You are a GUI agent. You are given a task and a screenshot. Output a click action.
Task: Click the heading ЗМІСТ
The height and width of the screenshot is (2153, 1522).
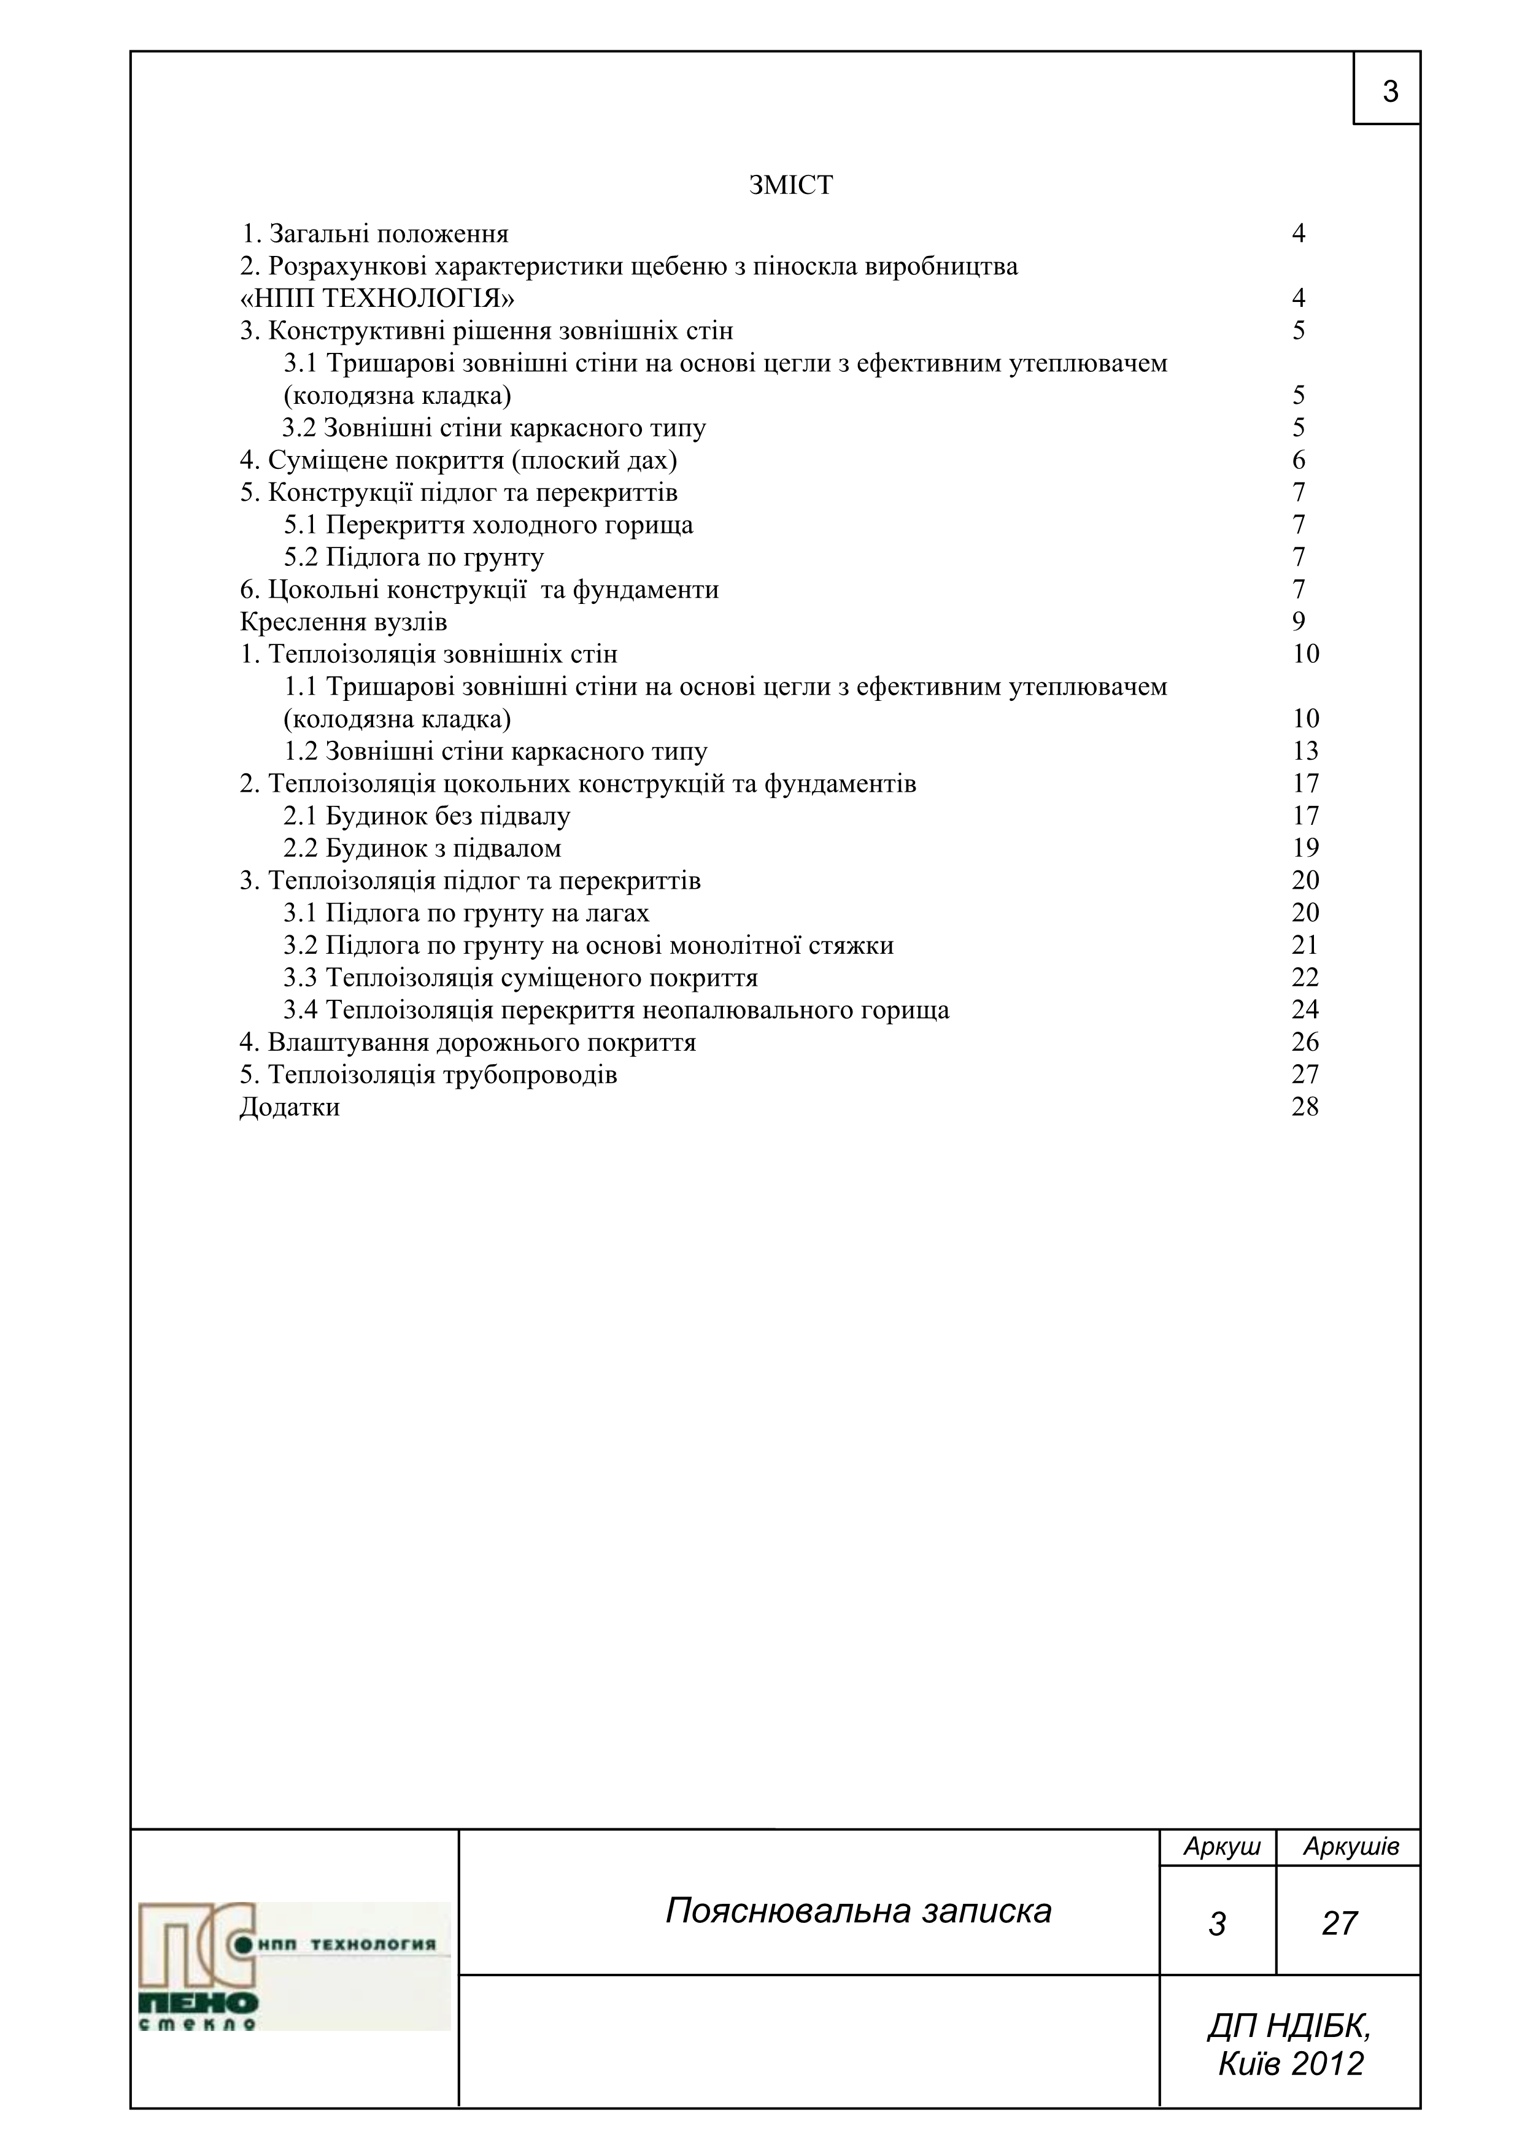click(790, 186)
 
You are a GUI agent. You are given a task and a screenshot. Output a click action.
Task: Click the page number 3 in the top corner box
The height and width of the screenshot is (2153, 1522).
click(1390, 92)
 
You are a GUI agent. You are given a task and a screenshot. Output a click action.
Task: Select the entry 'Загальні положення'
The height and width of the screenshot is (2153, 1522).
click(375, 233)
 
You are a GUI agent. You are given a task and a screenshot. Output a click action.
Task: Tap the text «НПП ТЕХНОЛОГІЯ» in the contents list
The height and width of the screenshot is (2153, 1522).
click(378, 298)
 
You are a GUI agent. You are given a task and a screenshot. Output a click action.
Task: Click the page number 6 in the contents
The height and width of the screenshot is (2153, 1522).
click(1299, 460)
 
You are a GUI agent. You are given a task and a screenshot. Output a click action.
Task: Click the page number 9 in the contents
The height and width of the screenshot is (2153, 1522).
click(1299, 622)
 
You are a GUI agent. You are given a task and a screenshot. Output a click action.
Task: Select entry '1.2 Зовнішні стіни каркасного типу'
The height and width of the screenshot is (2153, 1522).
click(496, 751)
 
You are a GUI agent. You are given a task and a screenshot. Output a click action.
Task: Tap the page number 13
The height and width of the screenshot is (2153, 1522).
click(1304, 751)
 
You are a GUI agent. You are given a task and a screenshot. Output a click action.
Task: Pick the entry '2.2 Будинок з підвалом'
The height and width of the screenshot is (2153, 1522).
click(423, 849)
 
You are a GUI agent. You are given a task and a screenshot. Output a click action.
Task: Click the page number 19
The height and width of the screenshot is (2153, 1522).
click(1304, 849)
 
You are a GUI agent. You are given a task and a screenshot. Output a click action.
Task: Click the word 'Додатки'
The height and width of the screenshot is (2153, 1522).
click(290, 1107)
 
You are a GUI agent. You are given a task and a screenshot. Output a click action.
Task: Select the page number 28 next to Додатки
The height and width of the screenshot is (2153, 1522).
click(1304, 1107)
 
